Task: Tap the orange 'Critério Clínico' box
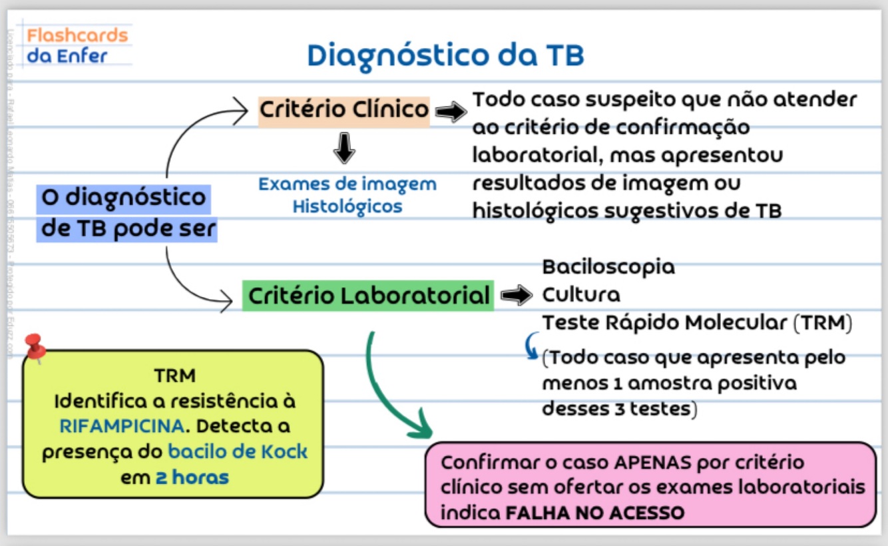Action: click(x=344, y=109)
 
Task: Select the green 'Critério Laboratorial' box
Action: click(x=368, y=295)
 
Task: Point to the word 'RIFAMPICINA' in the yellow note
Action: click(x=120, y=425)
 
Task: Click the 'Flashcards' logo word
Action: click(x=77, y=35)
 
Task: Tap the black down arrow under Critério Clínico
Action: click(x=344, y=148)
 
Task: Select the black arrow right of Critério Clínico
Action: click(x=451, y=113)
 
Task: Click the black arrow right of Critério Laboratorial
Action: click(x=516, y=296)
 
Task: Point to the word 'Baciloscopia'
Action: click(x=608, y=267)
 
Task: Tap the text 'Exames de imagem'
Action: click(x=347, y=184)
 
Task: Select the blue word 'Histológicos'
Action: click(x=347, y=206)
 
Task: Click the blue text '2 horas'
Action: click(x=192, y=477)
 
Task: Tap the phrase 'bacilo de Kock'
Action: click(x=238, y=451)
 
